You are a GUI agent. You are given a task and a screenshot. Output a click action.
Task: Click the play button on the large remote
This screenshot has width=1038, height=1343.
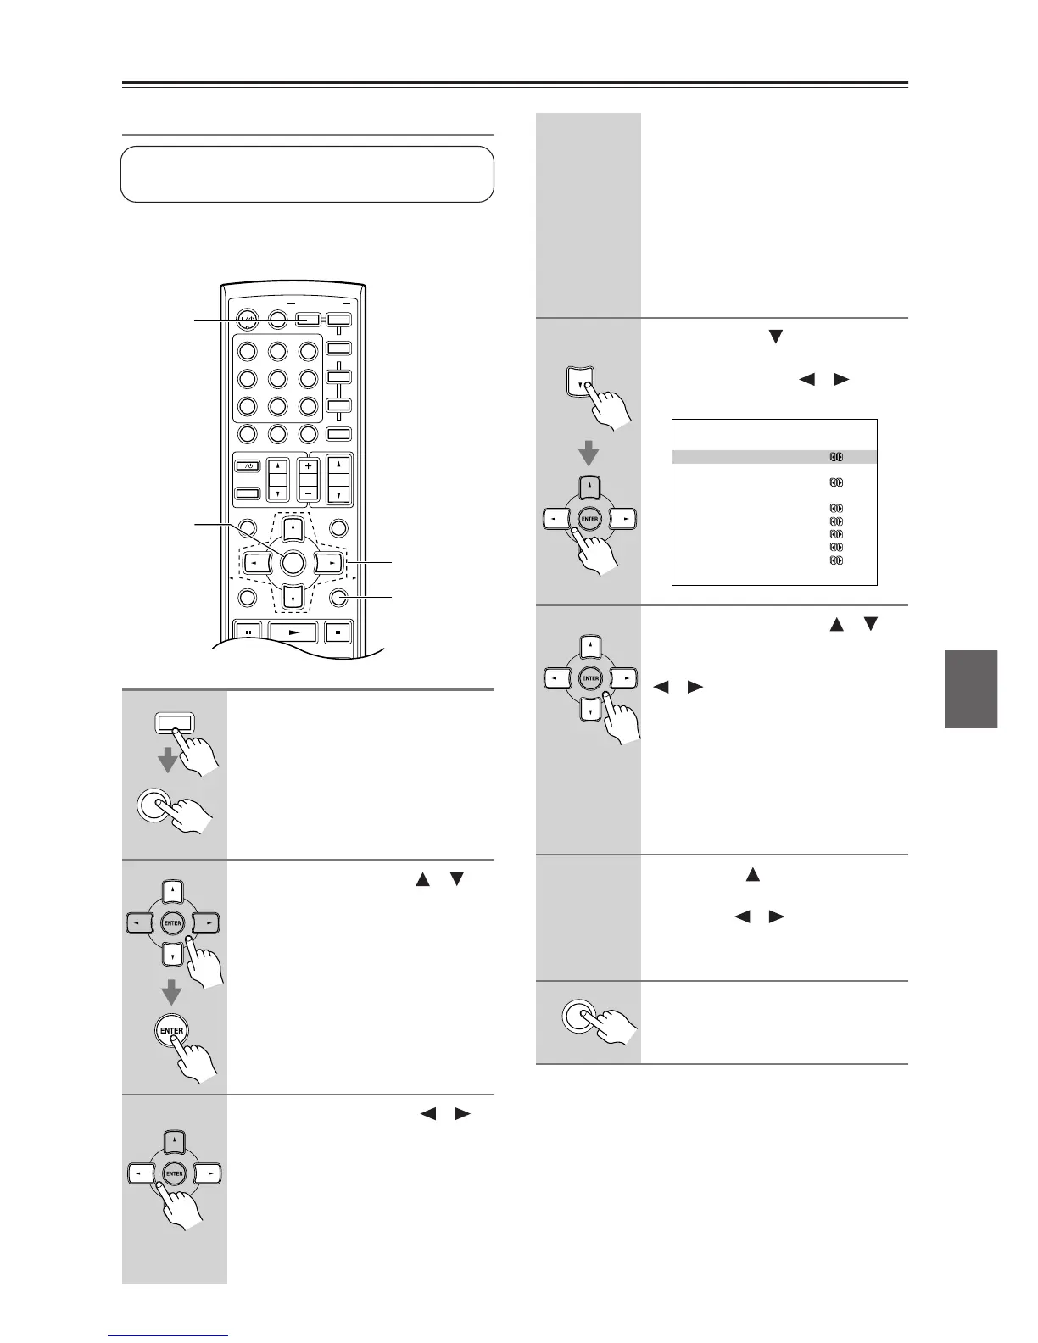pos(293,632)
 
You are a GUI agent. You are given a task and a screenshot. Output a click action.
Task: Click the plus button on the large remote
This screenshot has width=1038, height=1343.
pos(307,466)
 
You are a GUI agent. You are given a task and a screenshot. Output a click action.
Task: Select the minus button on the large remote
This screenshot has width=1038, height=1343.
pos(307,492)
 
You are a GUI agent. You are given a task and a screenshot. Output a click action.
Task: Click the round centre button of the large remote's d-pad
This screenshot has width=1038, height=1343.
pos(292,561)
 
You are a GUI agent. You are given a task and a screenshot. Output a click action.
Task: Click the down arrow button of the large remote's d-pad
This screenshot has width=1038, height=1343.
pos(292,599)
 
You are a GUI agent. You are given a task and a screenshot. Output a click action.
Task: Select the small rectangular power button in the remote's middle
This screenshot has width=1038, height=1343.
pos(248,465)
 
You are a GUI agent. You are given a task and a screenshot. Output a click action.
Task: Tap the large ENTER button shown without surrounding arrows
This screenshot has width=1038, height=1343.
pos(172,1031)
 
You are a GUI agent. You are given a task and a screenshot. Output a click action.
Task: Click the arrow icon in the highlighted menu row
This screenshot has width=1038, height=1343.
pos(835,457)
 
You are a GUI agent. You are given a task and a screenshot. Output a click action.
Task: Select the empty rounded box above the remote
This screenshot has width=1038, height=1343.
pos(307,174)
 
